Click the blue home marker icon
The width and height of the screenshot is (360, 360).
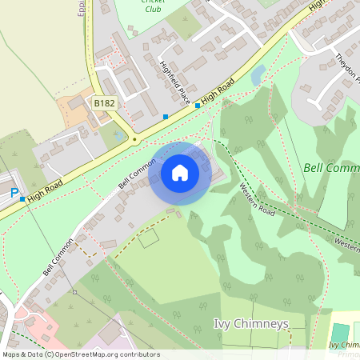tap(180, 173)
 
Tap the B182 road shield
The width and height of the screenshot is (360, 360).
tap(104, 103)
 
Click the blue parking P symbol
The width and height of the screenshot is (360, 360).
tap(14, 194)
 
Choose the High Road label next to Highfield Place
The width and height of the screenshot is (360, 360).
tap(218, 90)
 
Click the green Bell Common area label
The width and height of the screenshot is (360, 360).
tap(331, 168)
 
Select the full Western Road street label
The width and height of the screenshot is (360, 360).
tap(257, 201)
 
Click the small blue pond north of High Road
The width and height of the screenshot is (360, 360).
tap(258, 77)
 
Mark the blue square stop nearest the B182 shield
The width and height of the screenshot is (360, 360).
tap(166, 117)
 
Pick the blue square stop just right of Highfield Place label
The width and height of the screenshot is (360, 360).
tap(198, 105)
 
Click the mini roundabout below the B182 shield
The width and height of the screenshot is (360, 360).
tap(134, 139)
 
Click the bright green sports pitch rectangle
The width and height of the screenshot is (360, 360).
tap(340, 332)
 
